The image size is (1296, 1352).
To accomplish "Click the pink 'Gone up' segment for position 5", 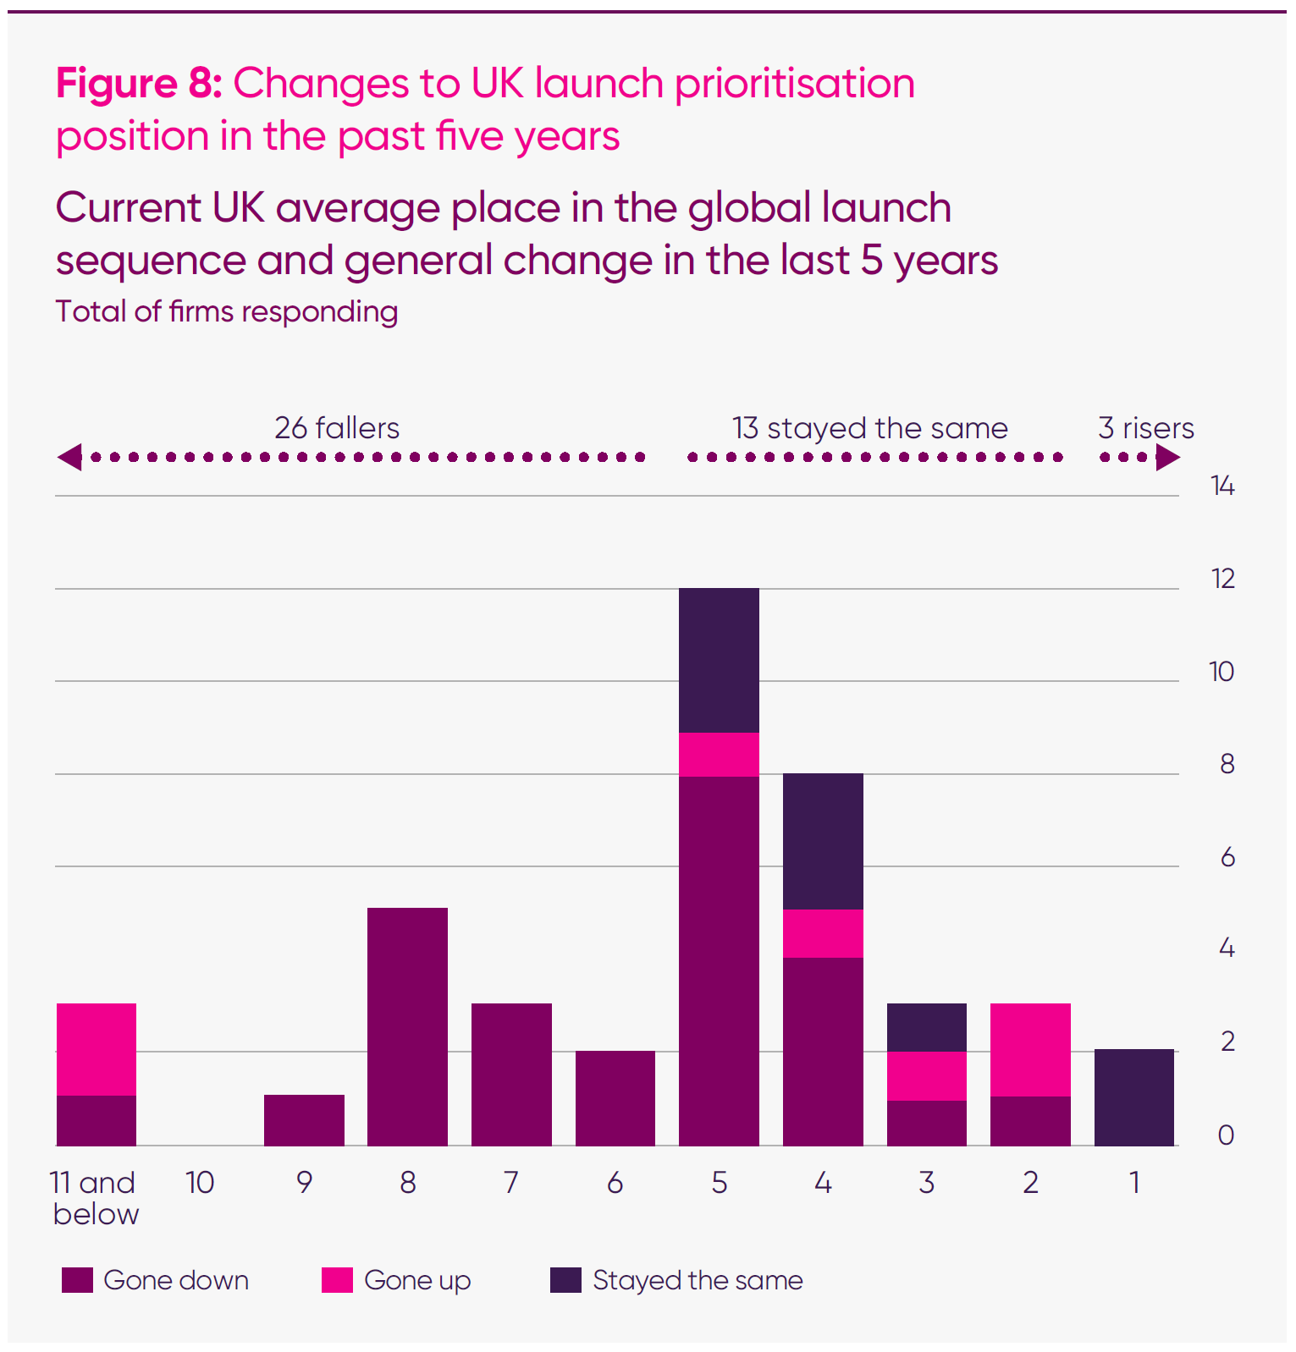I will tap(719, 754).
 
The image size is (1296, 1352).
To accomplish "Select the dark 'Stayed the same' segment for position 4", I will tap(823, 841).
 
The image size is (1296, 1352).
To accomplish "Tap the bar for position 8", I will tap(407, 1026).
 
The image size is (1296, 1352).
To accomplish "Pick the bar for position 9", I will tap(304, 1120).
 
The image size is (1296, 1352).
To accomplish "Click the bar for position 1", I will tap(1133, 1097).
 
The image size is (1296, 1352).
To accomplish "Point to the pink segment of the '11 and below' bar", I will tap(97, 1049).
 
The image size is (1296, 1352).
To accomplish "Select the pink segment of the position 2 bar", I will tap(1030, 1049).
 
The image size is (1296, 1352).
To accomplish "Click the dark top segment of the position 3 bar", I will tap(926, 1027).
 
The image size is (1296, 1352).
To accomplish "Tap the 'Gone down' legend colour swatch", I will tap(77, 1280).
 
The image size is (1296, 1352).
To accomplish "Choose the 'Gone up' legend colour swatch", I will tap(337, 1280).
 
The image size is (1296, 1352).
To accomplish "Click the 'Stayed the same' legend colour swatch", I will tap(565, 1280).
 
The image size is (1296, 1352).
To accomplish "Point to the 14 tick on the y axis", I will tap(1222, 486).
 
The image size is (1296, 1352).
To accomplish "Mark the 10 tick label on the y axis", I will tap(1222, 672).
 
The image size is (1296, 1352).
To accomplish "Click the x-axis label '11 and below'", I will tap(94, 1198).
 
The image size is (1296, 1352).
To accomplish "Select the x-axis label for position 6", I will tap(615, 1183).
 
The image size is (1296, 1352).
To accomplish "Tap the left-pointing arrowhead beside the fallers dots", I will tap(69, 457).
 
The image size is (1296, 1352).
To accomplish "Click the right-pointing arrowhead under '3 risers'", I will tap(1168, 458).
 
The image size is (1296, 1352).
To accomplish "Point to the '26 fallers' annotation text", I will tap(337, 428).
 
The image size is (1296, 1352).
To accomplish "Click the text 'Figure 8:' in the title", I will tap(139, 84).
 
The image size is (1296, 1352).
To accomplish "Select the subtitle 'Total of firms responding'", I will tap(227, 311).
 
